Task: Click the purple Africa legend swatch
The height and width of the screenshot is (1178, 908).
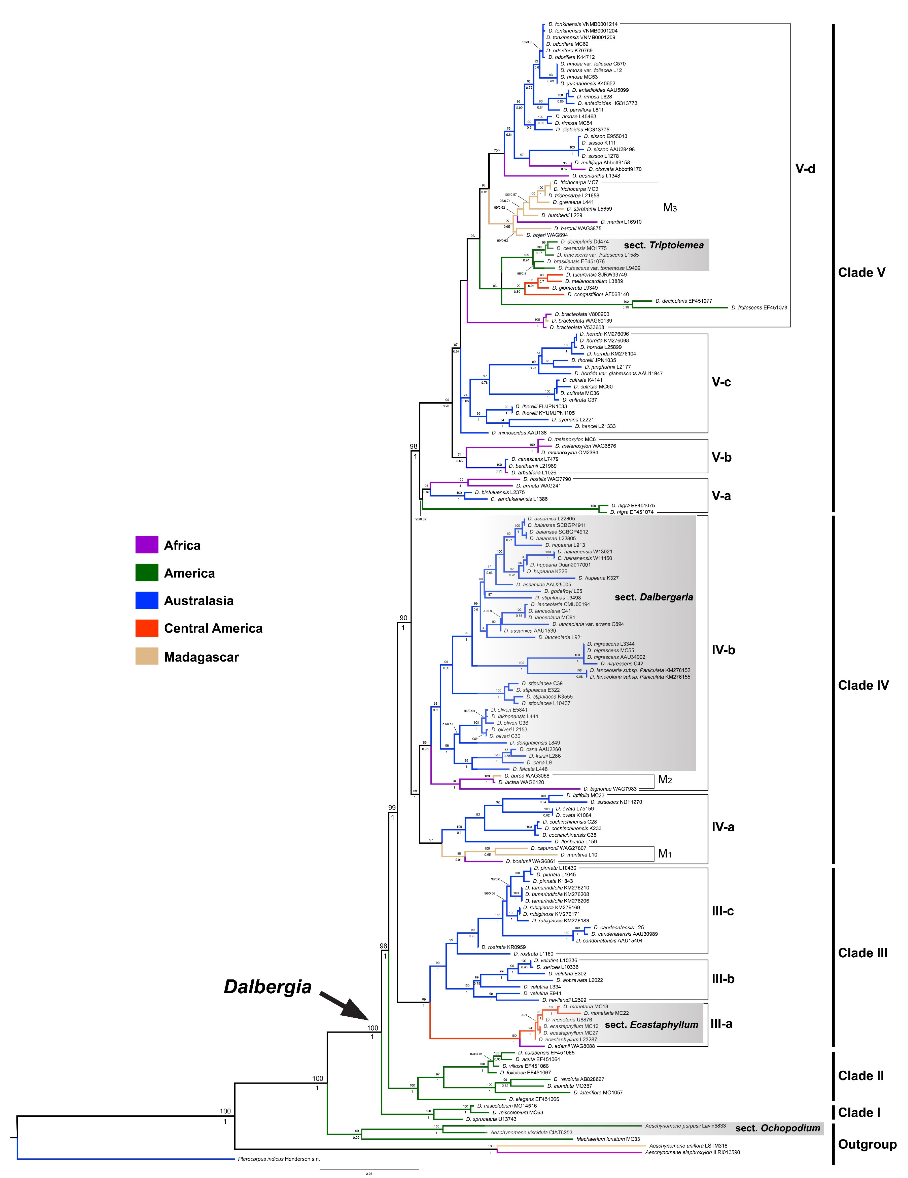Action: click(147, 545)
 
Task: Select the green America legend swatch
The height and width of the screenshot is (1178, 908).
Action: click(147, 573)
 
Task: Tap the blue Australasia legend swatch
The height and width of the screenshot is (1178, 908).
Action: click(147, 600)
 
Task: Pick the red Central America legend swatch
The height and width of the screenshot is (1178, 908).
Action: click(147, 628)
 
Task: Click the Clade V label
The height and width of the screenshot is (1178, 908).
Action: click(862, 272)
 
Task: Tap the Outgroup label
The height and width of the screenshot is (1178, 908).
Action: click(867, 1144)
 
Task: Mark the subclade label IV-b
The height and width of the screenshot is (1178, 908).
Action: click(723, 650)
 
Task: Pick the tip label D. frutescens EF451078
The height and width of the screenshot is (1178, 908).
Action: click(759, 308)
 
